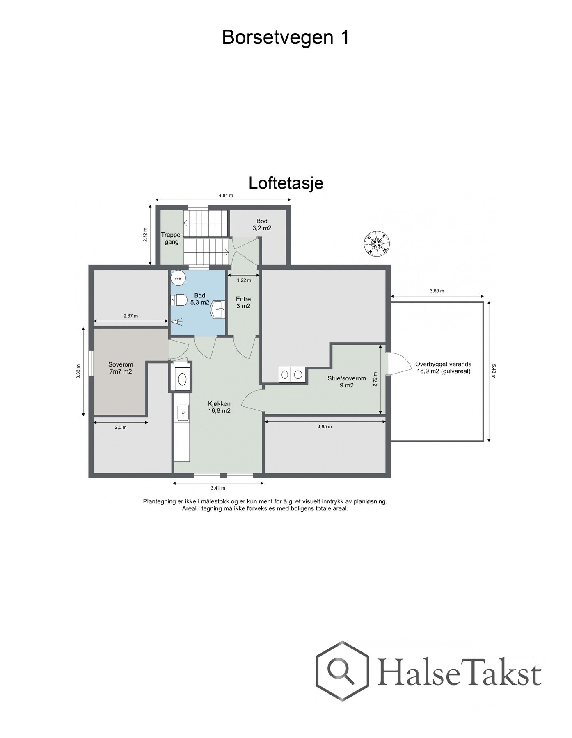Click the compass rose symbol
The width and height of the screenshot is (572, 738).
coord(377,244)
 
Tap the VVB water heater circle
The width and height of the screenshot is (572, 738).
coord(178,278)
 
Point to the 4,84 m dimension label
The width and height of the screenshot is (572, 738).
coord(225,196)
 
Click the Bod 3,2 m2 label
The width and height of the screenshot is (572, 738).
coord(262,225)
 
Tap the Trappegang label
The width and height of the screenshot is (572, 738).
coord(169,239)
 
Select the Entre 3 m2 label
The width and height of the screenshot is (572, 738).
coord(243,303)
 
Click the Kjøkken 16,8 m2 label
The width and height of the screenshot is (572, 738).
coord(219,407)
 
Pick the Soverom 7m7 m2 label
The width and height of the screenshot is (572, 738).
coord(121,368)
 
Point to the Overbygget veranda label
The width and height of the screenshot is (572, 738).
coord(443,367)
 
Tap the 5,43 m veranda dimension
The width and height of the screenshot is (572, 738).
coord(493,371)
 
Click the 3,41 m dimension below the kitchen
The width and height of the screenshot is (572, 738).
coord(218,488)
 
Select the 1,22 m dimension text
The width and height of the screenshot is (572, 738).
coord(244,280)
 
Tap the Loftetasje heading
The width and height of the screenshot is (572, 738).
coord(286,183)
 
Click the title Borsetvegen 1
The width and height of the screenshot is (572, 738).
coord(286,38)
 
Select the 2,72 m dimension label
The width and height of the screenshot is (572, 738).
coord(375,379)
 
